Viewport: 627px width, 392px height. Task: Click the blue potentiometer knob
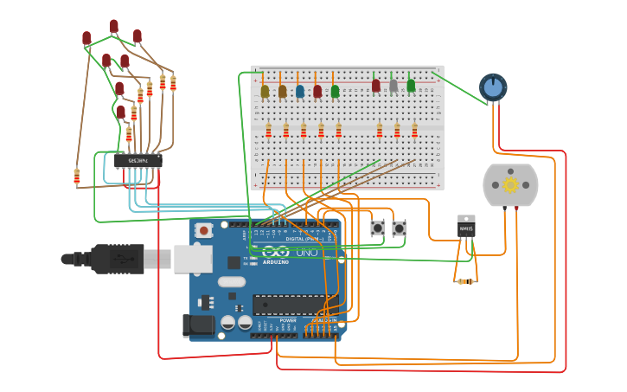point(493,87)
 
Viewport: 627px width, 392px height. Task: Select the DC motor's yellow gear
point(510,184)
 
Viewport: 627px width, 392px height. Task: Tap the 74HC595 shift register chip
point(138,160)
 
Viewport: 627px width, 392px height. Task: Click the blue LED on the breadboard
point(300,90)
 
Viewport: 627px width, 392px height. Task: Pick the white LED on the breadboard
point(393,86)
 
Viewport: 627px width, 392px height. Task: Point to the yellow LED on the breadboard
point(265,90)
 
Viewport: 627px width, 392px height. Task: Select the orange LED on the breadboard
point(282,90)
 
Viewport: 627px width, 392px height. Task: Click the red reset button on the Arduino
point(204,230)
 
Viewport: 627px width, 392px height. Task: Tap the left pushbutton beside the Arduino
point(377,228)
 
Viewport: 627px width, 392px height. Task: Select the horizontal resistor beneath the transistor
point(464,281)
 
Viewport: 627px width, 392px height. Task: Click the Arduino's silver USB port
point(193,258)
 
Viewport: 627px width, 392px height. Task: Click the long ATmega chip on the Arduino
point(290,305)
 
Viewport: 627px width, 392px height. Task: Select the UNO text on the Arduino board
point(306,252)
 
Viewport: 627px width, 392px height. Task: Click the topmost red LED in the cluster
point(113,26)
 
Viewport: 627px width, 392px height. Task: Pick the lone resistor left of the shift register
point(77,177)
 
